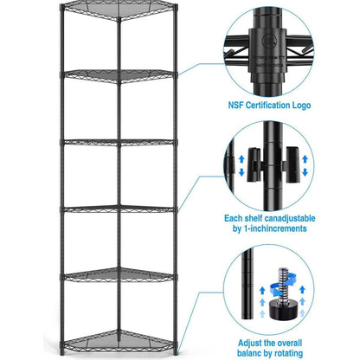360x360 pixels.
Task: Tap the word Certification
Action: click(x=281, y=106)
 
